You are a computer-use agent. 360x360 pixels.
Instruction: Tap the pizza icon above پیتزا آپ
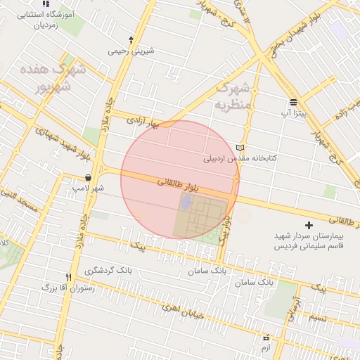pos(293,102)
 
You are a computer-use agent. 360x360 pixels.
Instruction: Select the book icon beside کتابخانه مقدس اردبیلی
pos(242,148)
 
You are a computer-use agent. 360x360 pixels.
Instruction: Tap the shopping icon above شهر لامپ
pos(88,177)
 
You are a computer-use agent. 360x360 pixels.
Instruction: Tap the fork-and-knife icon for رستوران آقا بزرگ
pos(68,277)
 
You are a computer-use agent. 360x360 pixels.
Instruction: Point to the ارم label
pos(265,348)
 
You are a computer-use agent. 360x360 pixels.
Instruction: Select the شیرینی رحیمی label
pos(130,51)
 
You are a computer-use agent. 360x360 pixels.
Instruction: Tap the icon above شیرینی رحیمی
pos(131,39)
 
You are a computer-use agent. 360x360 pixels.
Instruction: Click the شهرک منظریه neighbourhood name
pos(232,98)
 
